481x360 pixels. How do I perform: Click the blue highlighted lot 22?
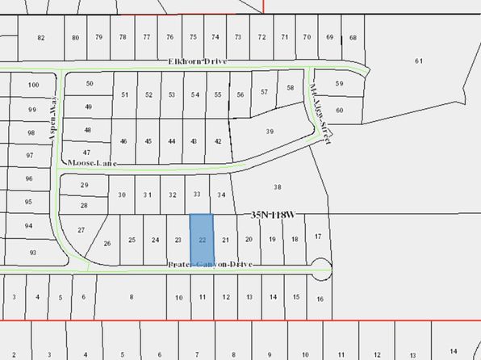tap(202, 235)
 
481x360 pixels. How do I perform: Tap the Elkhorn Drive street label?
tap(199, 62)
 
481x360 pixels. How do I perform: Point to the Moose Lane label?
tap(92, 164)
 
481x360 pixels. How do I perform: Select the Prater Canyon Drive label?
tap(211, 265)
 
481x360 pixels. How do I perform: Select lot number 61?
tap(418, 61)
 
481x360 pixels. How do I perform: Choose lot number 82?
tap(40, 38)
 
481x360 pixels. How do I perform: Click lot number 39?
tap(270, 132)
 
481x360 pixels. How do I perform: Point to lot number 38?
tap(277, 186)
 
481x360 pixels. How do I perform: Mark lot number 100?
tap(33, 85)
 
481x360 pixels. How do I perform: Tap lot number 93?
tap(33, 253)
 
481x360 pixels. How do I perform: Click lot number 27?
tap(81, 230)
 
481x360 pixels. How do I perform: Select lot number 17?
tap(319, 236)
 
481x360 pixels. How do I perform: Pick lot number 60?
tap(340, 110)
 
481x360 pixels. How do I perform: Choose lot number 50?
tap(90, 84)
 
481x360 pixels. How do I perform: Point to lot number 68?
tap(353, 38)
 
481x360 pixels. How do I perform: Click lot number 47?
tap(86, 152)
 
